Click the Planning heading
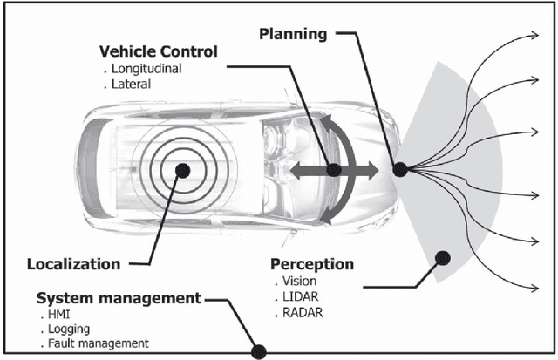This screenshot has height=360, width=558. (x=292, y=34)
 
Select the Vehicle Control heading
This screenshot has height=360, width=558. (x=159, y=51)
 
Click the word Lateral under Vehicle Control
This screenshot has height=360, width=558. (x=131, y=85)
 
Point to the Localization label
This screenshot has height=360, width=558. (x=73, y=263)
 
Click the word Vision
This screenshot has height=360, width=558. (x=300, y=282)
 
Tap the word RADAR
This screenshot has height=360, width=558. (x=304, y=313)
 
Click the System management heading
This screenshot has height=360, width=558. (x=119, y=298)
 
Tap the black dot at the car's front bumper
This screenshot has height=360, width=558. (x=401, y=170)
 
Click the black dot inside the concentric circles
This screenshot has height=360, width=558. (x=182, y=170)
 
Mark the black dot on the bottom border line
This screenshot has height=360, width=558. (x=258, y=352)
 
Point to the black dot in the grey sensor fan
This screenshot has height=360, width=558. (x=442, y=257)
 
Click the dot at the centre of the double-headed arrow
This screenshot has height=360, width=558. (x=333, y=171)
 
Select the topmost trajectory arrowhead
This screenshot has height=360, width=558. (x=533, y=37)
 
